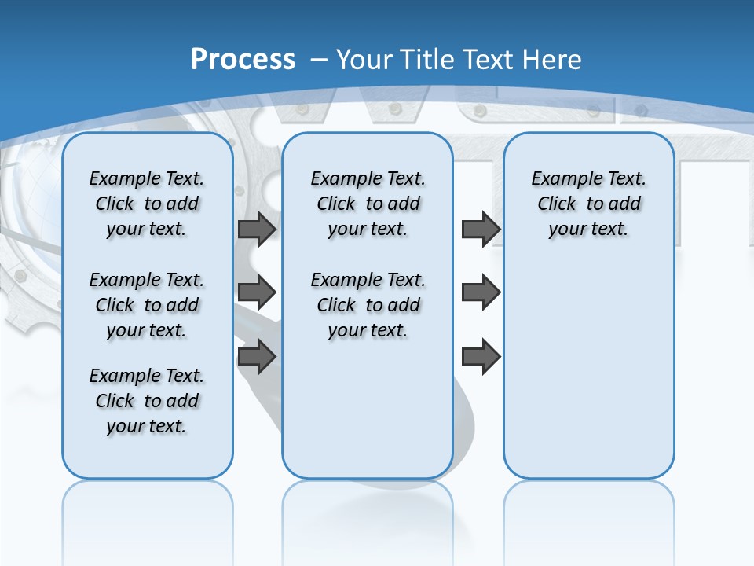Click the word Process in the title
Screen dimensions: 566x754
pos(243,60)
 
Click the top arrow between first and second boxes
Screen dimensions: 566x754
pos(257,230)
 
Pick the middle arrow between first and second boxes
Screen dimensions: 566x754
pos(257,292)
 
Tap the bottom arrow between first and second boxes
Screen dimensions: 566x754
pos(257,357)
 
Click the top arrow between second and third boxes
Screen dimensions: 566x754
pos(481,230)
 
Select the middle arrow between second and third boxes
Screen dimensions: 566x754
pos(481,292)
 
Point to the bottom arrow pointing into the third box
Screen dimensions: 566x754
pos(481,357)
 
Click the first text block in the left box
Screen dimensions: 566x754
pos(147,204)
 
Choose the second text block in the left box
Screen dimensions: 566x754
pos(147,305)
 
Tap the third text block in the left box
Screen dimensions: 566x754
pos(147,401)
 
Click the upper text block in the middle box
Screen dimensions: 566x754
pos(368,204)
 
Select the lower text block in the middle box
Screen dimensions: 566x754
pos(368,305)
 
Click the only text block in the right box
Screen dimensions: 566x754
pos(588,204)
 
